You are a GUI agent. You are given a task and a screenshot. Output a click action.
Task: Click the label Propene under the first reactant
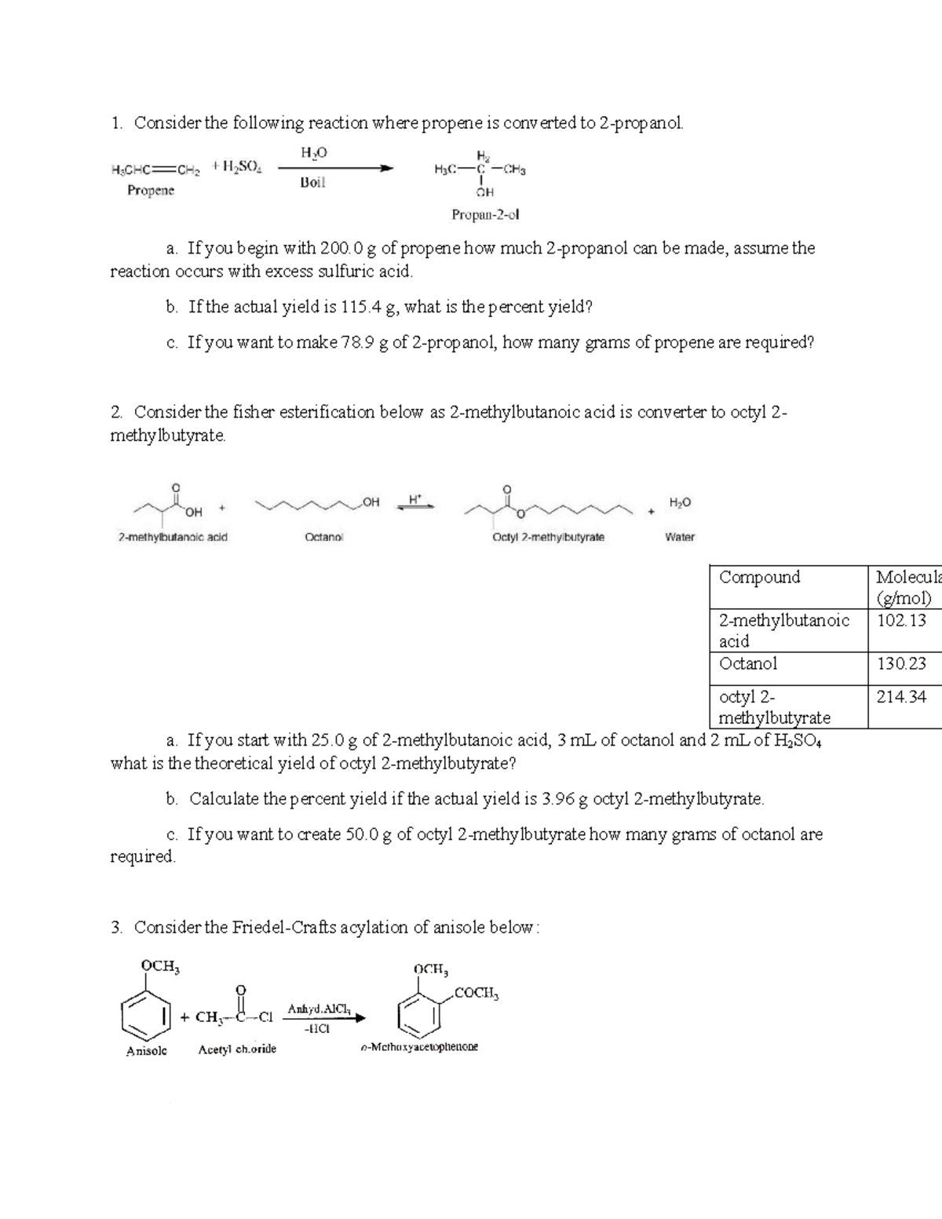click(x=151, y=191)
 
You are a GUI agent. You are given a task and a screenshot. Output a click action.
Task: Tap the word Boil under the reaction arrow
click(x=312, y=183)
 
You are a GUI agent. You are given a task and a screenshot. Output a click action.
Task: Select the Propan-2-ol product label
click(x=485, y=214)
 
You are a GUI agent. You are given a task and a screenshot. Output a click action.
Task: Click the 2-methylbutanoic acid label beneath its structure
click(x=173, y=538)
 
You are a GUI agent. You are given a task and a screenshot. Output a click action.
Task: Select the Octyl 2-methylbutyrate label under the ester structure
click(x=548, y=538)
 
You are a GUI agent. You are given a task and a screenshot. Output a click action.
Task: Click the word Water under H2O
click(x=680, y=538)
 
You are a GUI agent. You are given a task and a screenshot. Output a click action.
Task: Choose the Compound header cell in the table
click(x=759, y=577)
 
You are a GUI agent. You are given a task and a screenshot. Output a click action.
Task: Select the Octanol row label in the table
click(x=748, y=663)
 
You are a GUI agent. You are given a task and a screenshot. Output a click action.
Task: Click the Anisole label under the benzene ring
click(x=146, y=1050)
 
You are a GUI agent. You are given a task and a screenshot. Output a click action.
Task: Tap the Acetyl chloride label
click(x=237, y=1049)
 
